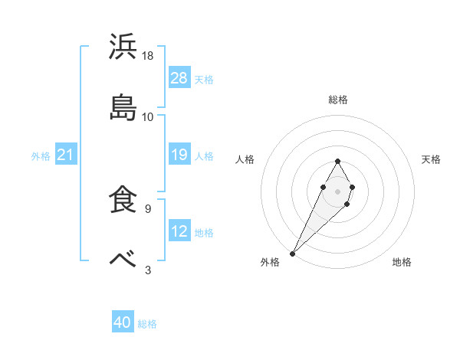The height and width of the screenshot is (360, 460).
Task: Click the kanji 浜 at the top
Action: click(x=123, y=47)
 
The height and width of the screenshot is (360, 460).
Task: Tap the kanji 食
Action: click(x=123, y=200)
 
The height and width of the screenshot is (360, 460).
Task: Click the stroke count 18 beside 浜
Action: click(x=149, y=56)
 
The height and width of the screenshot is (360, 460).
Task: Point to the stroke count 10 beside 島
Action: click(x=148, y=117)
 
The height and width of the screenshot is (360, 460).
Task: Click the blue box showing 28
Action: click(x=179, y=78)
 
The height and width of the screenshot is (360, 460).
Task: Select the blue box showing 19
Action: click(x=179, y=155)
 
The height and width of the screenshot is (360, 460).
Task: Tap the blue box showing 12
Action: click(x=179, y=231)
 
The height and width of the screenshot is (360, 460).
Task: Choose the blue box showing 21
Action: click(x=66, y=155)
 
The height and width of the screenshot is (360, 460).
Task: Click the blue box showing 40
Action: click(x=123, y=323)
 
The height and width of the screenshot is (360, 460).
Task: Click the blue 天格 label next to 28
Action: click(x=204, y=79)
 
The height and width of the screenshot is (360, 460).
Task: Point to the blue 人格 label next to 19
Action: click(x=204, y=156)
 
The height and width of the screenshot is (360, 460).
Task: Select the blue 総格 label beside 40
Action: click(x=147, y=324)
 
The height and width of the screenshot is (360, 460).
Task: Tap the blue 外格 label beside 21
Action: click(x=41, y=156)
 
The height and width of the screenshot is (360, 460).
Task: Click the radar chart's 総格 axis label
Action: click(x=338, y=100)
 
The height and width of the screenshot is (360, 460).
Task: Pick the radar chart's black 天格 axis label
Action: click(x=432, y=159)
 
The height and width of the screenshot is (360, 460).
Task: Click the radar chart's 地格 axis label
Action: click(x=402, y=263)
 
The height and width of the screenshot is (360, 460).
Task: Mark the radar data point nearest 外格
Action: click(x=293, y=252)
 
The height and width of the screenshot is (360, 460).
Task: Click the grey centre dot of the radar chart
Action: click(x=337, y=191)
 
